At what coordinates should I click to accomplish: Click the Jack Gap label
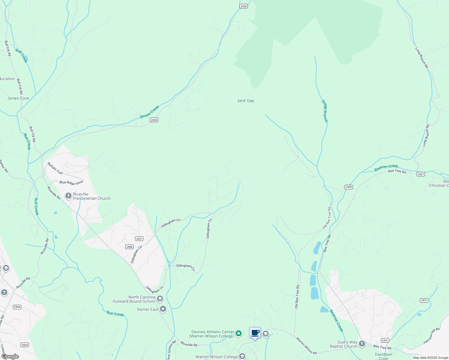click(245, 101)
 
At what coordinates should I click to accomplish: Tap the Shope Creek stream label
click(149, 112)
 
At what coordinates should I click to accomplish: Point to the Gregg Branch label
click(325, 111)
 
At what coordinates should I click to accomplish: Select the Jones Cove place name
click(18, 98)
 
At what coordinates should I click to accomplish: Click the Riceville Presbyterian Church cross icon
click(68, 196)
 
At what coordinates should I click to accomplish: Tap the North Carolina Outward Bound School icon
click(160, 299)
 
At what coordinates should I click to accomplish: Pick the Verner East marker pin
click(163, 309)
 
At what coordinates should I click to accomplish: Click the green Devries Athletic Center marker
click(239, 333)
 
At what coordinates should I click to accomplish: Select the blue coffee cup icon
click(255, 333)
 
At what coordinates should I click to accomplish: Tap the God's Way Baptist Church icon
click(362, 344)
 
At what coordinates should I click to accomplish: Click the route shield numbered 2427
click(420, 174)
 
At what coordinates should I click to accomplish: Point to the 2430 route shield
click(348, 187)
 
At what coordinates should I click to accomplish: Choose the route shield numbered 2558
click(129, 247)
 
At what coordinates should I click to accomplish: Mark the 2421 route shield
click(139, 239)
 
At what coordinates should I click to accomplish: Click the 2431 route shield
click(424, 300)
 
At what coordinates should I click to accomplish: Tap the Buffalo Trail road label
click(55, 168)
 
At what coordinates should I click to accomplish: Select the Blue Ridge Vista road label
click(71, 182)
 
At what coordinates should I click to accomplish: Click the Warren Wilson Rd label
click(306, 346)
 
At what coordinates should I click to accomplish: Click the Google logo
click(10, 356)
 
